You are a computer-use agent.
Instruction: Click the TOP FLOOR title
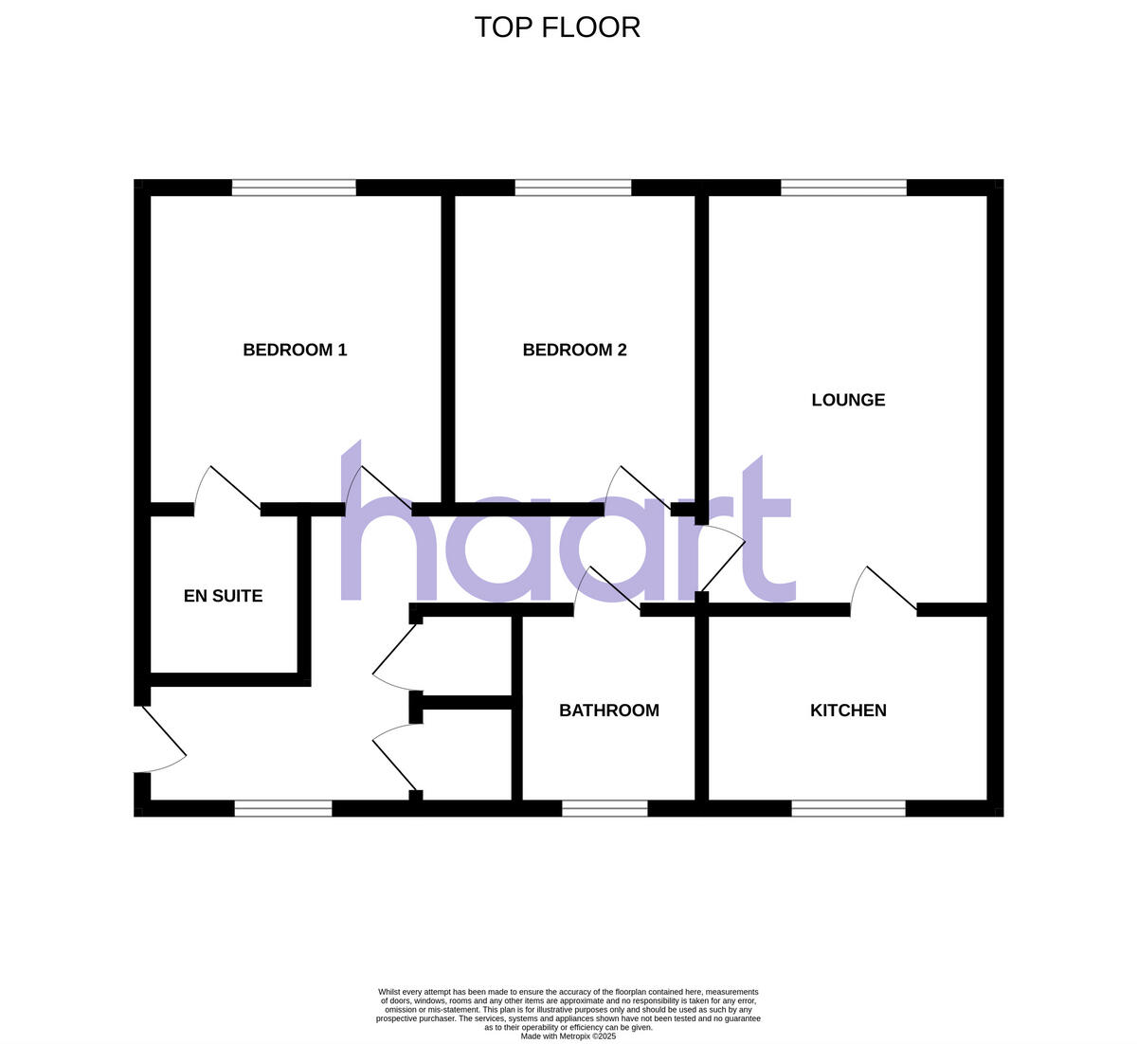pos(557,27)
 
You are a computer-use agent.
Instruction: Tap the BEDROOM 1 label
pos(295,350)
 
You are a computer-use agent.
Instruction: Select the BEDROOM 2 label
pos(574,350)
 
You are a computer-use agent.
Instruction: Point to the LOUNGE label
pos(848,400)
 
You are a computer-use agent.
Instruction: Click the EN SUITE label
pos(223,596)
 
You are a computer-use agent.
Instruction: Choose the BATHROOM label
pos(608,711)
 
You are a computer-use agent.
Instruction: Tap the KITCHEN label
pos(848,711)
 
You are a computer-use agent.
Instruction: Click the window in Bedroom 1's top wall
pos(294,188)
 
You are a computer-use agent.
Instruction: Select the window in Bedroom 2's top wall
pos(572,188)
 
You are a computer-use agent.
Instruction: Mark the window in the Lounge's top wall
pos(843,188)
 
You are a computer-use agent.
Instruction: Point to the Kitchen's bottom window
pos(848,808)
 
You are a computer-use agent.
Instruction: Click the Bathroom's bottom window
pos(605,808)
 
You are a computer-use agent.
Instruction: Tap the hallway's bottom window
pos(283,808)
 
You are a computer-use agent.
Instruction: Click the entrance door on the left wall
pos(163,739)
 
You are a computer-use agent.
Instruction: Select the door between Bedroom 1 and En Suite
pos(227,490)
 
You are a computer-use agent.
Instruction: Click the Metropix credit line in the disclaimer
pos(568,1036)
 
